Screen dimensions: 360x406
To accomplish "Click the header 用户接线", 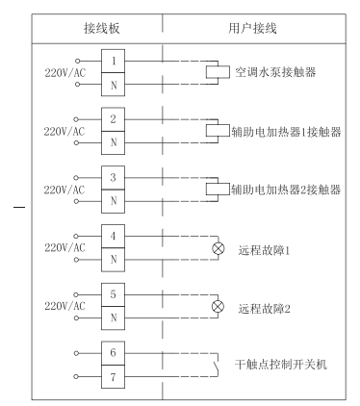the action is click(255, 27).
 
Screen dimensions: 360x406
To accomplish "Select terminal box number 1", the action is click(115, 60).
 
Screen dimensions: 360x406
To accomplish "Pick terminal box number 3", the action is click(115, 179).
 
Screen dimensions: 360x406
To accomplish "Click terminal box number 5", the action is click(115, 297).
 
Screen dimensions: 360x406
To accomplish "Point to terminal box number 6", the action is click(115, 353).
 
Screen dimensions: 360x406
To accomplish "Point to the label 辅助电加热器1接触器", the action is click(286, 131).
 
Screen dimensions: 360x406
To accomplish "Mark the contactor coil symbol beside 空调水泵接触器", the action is click(213, 71).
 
